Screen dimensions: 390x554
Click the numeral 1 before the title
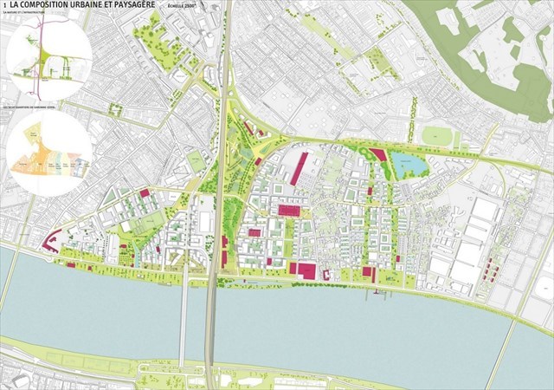click(5, 6)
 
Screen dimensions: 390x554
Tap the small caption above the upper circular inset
click(26, 15)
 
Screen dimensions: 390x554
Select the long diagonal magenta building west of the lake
click(299, 168)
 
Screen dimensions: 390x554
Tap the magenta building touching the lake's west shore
click(378, 155)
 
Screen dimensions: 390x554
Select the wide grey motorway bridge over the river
click(209, 321)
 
